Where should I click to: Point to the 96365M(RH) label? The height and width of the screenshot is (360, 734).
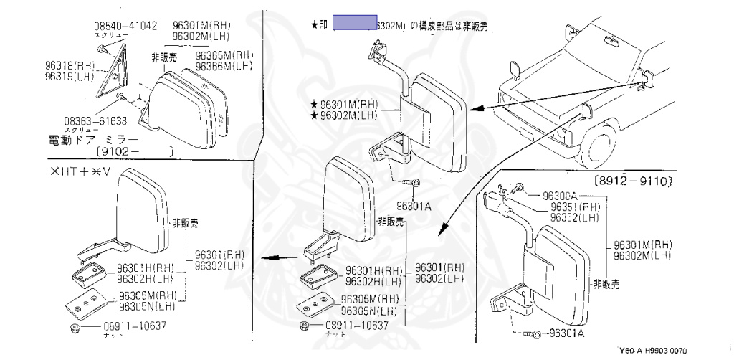coord(224,55)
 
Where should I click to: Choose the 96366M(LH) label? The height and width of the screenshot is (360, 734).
coord(224,65)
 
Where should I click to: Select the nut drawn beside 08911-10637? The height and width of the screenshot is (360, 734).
coord(305,326)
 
